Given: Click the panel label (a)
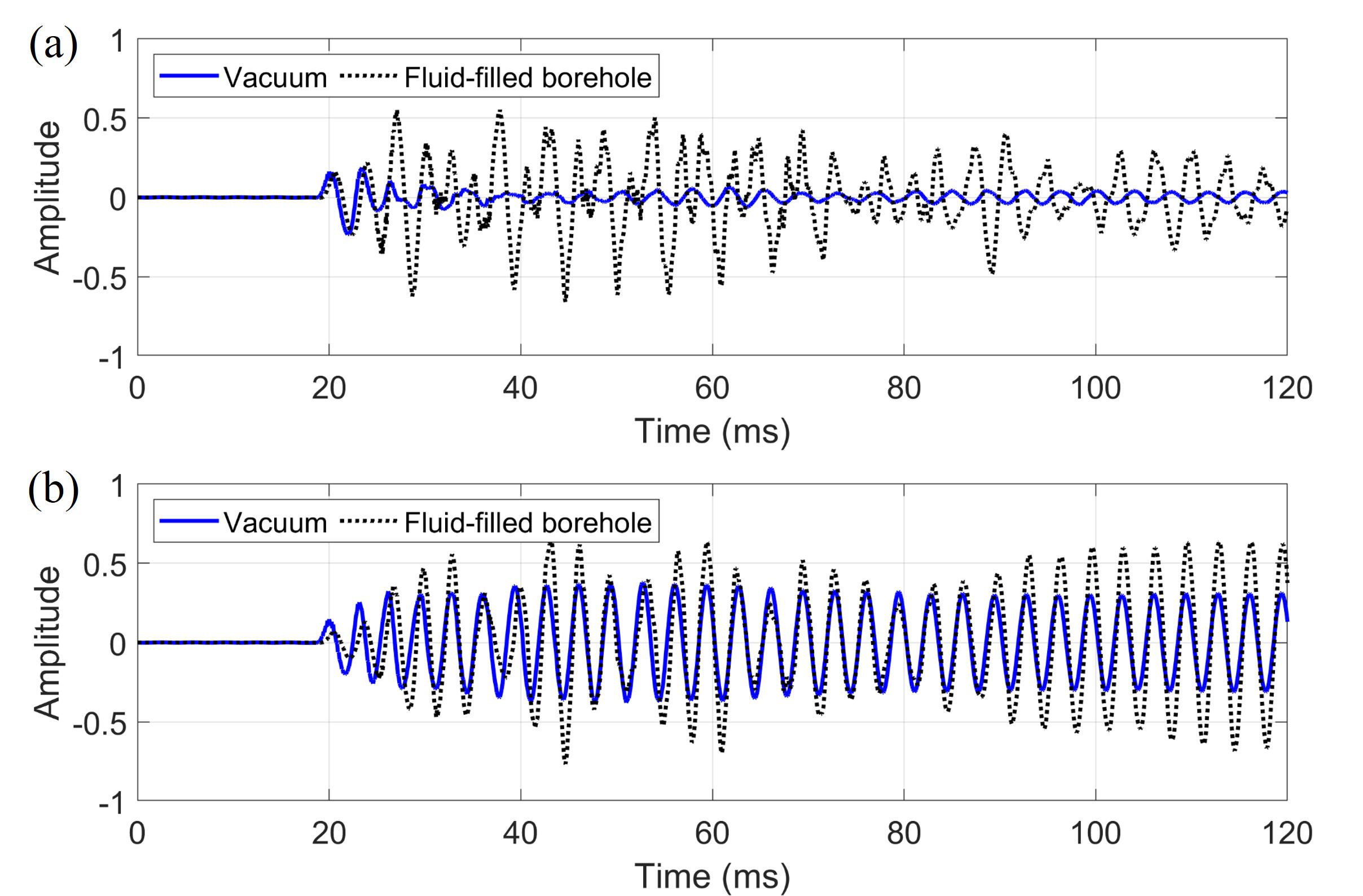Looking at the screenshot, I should [52, 46].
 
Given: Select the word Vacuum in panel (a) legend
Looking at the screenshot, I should [275, 77].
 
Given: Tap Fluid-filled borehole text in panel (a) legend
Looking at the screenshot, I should [527, 77].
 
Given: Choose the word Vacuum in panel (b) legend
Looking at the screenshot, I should [275, 522].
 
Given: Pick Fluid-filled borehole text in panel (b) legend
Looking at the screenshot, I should [527, 522].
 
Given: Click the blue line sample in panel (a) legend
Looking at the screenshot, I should [189, 76].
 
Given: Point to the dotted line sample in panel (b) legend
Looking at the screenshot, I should [368, 521].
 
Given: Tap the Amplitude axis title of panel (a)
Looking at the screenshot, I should [47, 198].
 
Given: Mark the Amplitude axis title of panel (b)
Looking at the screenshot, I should [47, 643].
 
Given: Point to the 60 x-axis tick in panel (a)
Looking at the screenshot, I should [712, 388].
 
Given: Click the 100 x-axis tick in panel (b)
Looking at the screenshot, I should [1095, 833].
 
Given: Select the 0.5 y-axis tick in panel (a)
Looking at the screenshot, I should [104, 120].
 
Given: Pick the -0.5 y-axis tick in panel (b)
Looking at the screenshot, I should [100, 724].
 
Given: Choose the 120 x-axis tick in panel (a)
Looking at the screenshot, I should [1287, 388].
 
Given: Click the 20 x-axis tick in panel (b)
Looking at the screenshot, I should [329, 833].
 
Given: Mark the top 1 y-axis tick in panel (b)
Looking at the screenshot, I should [117, 487].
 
